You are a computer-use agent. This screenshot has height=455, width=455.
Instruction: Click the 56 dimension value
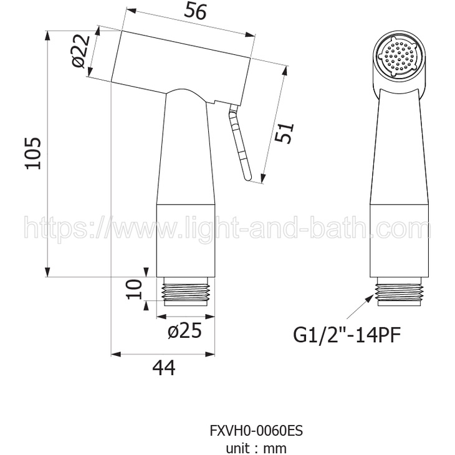196,12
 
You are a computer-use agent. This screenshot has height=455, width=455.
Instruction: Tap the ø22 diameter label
80,52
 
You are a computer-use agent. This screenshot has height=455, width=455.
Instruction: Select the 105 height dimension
34,153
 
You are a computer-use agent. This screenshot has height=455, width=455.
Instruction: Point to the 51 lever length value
284,133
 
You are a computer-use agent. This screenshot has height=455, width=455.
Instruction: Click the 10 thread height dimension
134,289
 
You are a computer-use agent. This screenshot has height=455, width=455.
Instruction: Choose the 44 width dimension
164,368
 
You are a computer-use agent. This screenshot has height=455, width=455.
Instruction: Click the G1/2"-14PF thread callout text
347,335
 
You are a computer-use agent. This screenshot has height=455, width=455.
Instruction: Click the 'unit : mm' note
256,448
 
